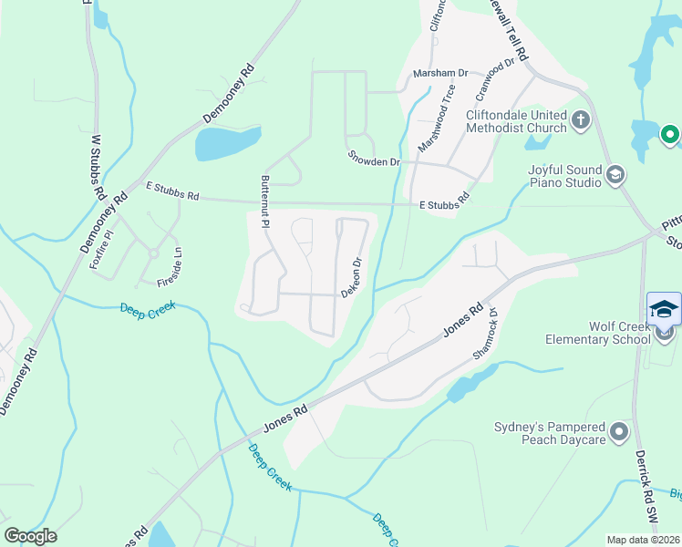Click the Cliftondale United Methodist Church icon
580,119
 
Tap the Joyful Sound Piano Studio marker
615,173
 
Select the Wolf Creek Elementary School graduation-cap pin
664,310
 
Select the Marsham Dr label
439,73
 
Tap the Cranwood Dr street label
495,82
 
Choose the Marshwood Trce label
436,118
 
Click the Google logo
30,536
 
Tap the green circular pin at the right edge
670,137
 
